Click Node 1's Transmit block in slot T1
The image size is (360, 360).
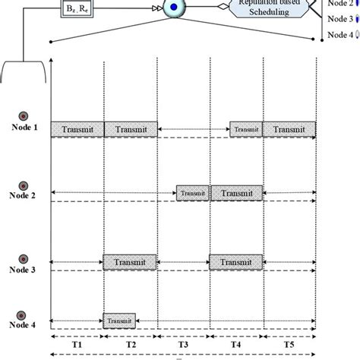[x=77, y=130]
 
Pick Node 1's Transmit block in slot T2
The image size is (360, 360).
[x=131, y=130]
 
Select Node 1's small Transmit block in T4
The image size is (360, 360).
[x=246, y=130]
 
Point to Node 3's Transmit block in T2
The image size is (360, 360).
[x=131, y=262]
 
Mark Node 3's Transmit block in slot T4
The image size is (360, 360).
[x=236, y=262]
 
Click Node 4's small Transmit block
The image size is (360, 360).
[x=119, y=320]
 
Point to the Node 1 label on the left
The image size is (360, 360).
[x=23, y=128]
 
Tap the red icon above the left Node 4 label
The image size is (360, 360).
[x=23, y=312]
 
